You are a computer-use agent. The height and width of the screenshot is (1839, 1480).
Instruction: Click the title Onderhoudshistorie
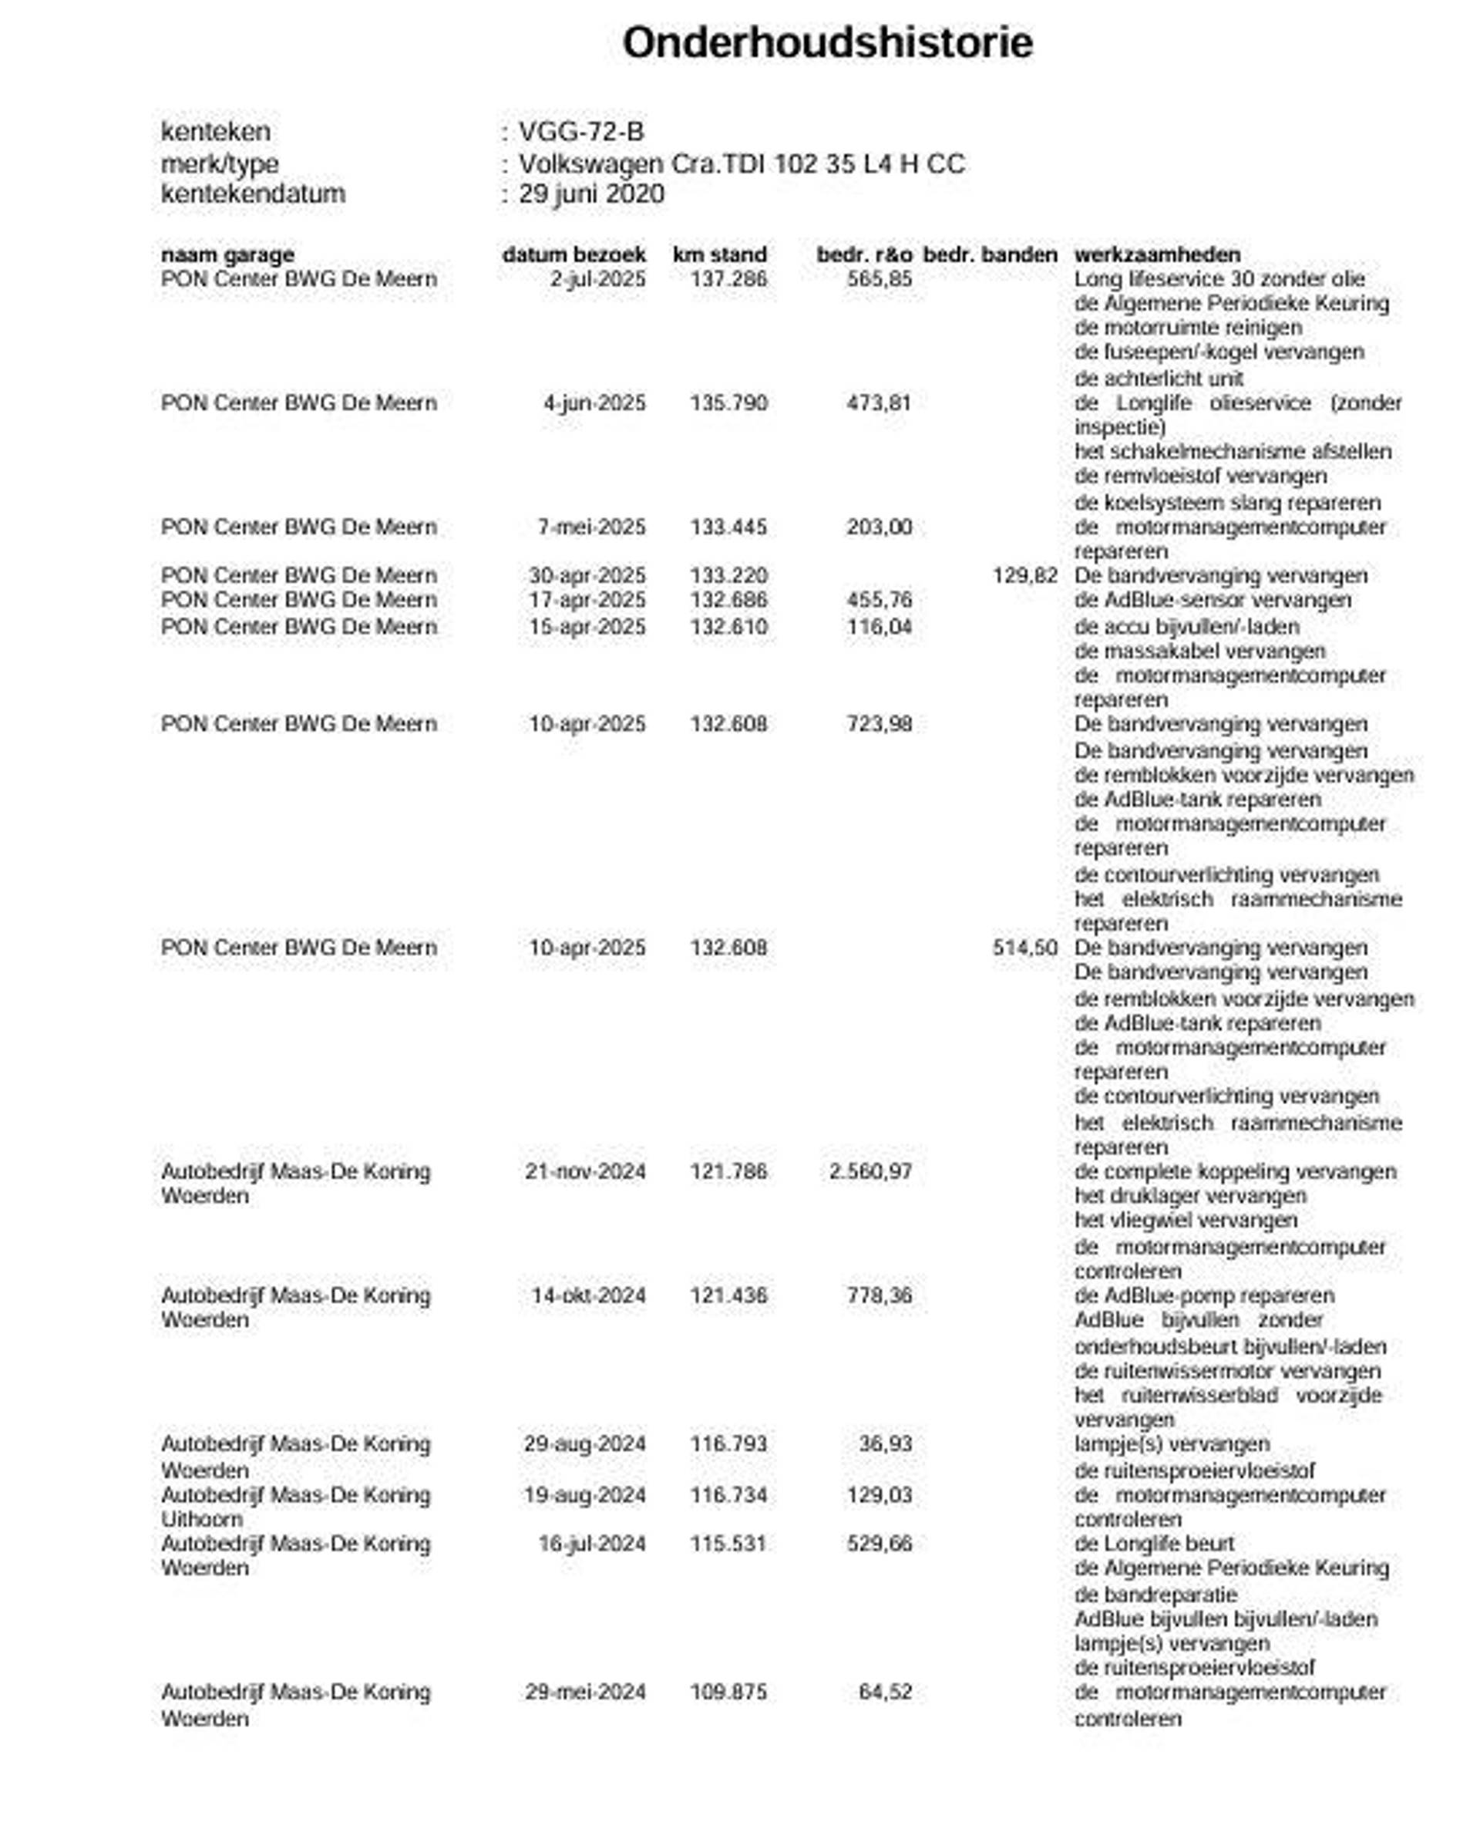[827, 42]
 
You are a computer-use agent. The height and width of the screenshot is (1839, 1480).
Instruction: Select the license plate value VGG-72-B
[581, 131]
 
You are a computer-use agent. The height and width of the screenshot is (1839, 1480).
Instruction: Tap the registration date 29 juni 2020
[592, 194]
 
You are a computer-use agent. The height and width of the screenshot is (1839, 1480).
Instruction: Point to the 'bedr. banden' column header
[990, 254]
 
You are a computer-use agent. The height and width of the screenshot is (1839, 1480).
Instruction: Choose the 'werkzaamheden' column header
[1157, 254]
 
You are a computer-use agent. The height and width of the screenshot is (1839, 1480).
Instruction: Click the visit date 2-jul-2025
[597, 279]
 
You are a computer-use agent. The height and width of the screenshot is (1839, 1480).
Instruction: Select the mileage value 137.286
[728, 279]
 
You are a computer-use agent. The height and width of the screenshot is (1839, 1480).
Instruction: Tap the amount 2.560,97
[870, 1171]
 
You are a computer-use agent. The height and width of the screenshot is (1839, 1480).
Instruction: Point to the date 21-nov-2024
[585, 1171]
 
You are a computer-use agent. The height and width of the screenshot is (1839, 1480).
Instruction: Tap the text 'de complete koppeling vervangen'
[1234, 1171]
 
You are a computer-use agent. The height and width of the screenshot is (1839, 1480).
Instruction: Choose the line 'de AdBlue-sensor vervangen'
[1213, 600]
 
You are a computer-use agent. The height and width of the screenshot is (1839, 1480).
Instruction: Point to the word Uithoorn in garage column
[202, 1519]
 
